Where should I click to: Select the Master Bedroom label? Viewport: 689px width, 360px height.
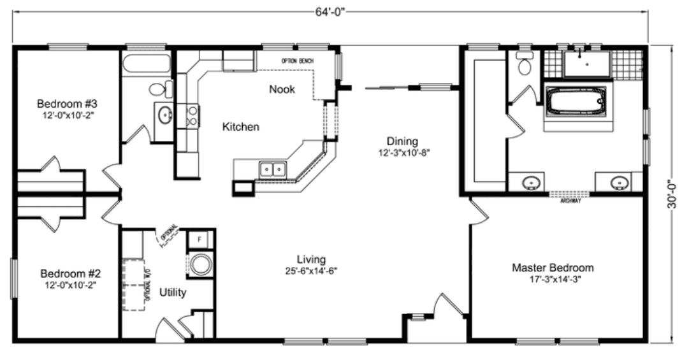553,268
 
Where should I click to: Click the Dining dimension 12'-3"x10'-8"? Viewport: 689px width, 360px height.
402,153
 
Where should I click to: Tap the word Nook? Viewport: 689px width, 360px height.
282,89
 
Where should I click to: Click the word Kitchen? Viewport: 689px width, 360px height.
240,127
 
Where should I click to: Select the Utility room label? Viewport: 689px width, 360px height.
172,292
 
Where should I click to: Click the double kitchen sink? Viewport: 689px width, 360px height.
272,169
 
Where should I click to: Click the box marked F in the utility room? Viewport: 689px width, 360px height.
199,240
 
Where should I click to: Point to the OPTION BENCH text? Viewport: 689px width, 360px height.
296,61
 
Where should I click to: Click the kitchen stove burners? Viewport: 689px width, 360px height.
191,115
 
